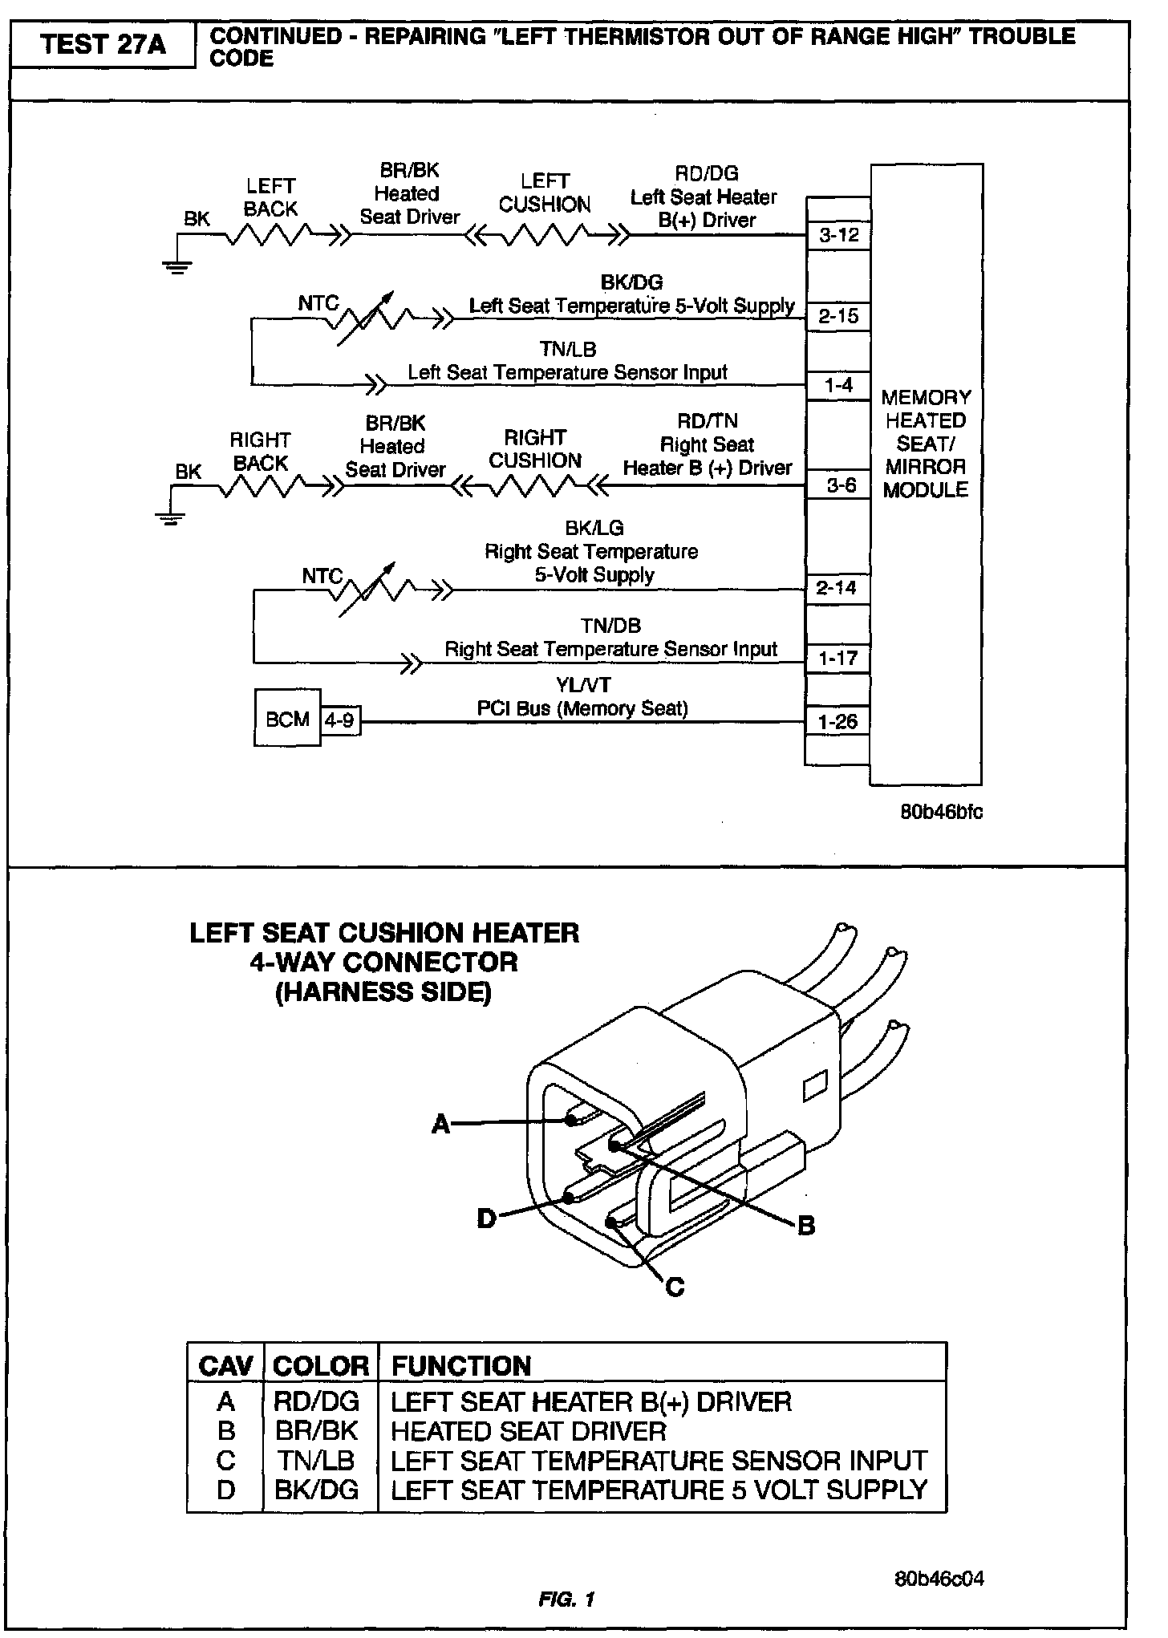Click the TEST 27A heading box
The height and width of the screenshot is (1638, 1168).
click(x=102, y=45)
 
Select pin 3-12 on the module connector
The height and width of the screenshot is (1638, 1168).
click(x=838, y=235)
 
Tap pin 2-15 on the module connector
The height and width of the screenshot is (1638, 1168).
click(x=838, y=316)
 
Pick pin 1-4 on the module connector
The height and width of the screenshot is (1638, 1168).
click(x=838, y=386)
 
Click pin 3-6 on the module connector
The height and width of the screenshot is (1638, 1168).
click(x=841, y=485)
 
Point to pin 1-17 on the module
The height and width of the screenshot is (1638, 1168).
click(x=837, y=659)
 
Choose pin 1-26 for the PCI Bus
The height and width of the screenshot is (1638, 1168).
click(x=837, y=722)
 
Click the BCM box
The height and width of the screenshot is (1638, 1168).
click(x=287, y=718)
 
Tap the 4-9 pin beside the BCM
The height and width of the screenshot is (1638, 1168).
click(x=339, y=720)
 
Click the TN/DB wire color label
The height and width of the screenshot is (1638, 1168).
click(x=610, y=626)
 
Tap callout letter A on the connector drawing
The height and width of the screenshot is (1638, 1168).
click(x=440, y=1125)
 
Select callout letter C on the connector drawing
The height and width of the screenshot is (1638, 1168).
click(x=675, y=1287)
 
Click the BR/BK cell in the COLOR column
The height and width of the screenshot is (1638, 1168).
click(x=315, y=1431)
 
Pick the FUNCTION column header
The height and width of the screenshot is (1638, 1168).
click(x=460, y=1366)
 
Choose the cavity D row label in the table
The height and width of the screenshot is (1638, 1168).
click(x=226, y=1490)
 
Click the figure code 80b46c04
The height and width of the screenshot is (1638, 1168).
click(x=939, y=1579)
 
